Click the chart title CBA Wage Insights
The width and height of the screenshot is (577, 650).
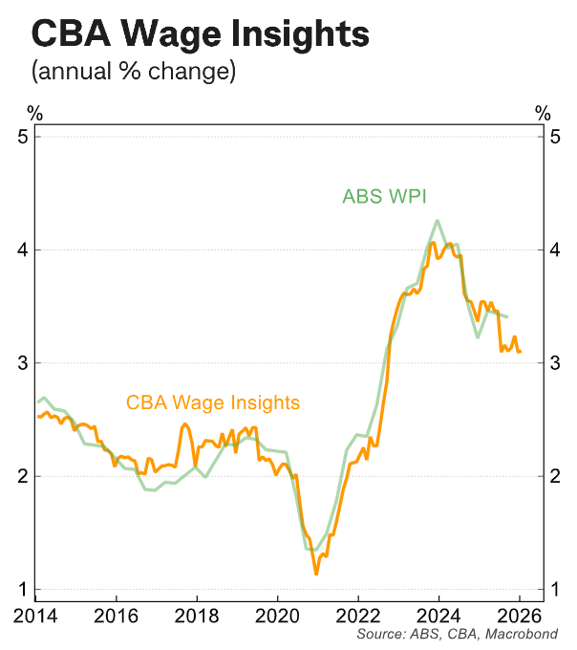point(201,34)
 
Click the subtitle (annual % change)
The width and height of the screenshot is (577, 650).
point(133,72)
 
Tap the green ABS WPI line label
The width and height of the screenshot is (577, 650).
point(384,197)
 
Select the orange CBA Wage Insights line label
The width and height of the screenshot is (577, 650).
point(212,402)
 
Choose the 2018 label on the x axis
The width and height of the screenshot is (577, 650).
point(195,614)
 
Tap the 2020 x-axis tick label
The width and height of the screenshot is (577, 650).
point(276,614)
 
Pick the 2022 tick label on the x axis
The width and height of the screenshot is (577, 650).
point(357,614)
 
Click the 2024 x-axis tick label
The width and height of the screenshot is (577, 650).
point(438,614)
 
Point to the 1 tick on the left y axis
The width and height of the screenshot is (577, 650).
point(23,589)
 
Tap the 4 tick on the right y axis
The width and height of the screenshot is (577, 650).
point(554,249)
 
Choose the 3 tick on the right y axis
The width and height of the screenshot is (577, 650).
point(554,362)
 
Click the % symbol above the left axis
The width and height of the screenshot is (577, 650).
point(34,113)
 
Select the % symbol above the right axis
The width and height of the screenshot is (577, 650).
point(543,113)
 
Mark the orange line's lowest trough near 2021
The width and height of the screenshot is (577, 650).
point(316,574)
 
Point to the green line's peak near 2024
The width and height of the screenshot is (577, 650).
point(437,221)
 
